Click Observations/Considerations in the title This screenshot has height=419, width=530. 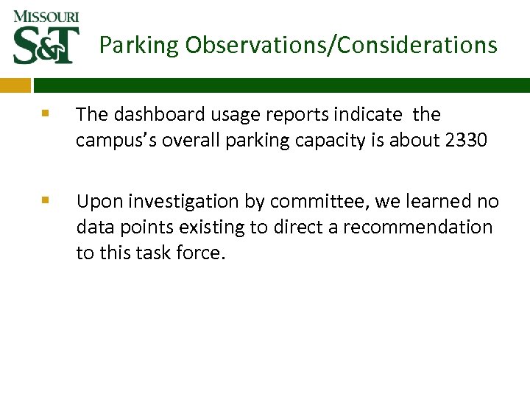click(x=341, y=46)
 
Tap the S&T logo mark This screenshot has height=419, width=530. click(x=46, y=46)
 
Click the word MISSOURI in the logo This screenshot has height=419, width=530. click(x=46, y=16)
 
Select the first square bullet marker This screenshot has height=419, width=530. click(x=46, y=114)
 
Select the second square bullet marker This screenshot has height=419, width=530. click(x=46, y=200)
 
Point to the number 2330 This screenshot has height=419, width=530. click(x=466, y=140)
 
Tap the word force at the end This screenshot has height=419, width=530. click(x=199, y=253)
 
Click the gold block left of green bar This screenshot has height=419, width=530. click(x=15, y=85)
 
